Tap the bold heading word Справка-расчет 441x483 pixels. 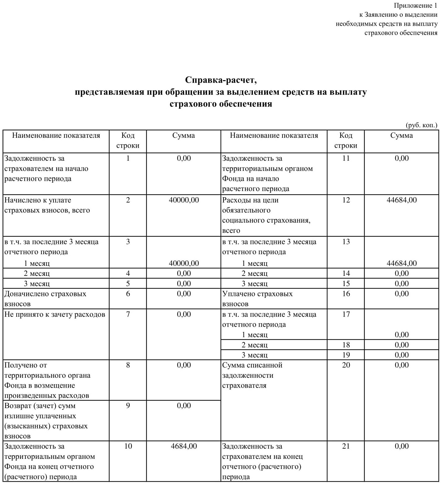tap(221, 80)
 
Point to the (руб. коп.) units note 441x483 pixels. tap(421, 125)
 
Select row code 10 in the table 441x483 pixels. tap(128, 446)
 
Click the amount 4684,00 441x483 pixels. tap(184, 446)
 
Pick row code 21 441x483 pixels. tap(346, 446)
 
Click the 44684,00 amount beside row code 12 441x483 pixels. tap(401, 200)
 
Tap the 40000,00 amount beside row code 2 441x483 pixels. tap(184, 200)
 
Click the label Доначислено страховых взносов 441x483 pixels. tap(45, 299)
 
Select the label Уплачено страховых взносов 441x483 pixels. tap(257, 299)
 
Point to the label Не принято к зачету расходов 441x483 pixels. tap(55, 315)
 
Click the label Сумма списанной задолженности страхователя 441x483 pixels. tap(252, 375)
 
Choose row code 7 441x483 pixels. tap(128, 315)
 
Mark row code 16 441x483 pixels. tap(346, 294)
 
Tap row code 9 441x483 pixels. tap(128, 406)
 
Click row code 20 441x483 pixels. tap(346, 365)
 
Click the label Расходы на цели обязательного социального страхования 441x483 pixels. tap(266, 215)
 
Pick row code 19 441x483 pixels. tap(346, 355)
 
